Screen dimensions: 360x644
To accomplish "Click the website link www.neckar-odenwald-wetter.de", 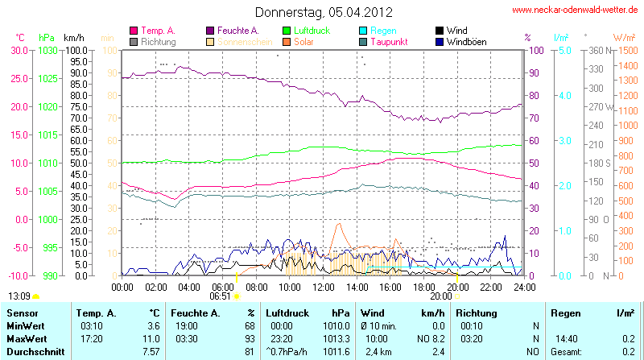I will coord(576,10).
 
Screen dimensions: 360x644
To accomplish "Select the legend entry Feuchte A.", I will coord(237,30).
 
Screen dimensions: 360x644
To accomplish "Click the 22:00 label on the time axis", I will coord(491,286).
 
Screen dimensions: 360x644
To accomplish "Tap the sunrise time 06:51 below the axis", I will coord(220,296).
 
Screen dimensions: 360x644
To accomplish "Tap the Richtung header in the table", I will coord(476,312).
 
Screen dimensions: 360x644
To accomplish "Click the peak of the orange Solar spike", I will coord(339,224).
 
